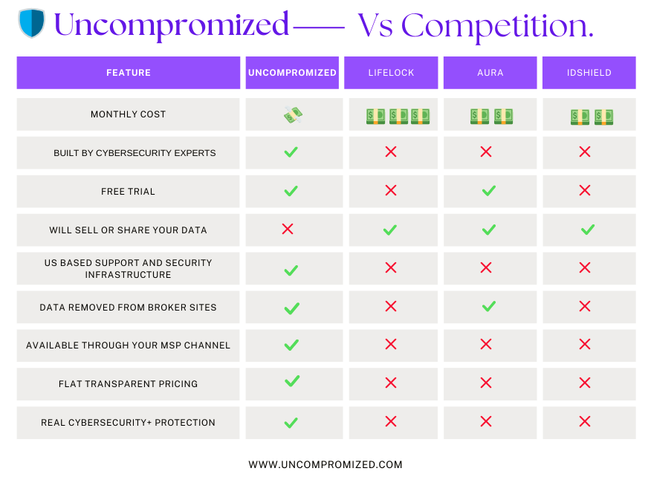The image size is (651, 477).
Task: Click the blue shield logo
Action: click(x=31, y=23)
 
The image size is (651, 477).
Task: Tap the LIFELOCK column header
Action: click(x=391, y=73)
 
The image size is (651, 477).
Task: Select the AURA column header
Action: click(x=490, y=73)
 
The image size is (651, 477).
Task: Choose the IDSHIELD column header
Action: click(x=589, y=73)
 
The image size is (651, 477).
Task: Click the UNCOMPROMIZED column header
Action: click(x=292, y=73)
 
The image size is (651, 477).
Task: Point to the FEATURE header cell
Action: click(x=129, y=73)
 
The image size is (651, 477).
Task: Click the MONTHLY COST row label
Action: click(x=129, y=114)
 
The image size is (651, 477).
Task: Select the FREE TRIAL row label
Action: click(x=128, y=192)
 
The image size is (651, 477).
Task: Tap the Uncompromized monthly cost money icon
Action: click(x=293, y=114)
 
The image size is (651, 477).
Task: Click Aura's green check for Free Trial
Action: click(x=489, y=190)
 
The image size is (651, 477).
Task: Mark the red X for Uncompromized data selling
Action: click(x=288, y=229)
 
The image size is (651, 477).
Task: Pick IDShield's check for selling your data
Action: click(x=588, y=229)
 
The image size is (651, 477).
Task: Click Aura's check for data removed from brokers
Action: click(x=489, y=306)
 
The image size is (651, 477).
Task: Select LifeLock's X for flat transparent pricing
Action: click(x=391, y=383)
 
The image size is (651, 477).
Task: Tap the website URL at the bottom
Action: click(x=325, y=464)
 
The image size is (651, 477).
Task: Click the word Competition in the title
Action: click(x=497, y=26)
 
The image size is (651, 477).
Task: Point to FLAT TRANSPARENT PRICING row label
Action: click(x=129, y=384)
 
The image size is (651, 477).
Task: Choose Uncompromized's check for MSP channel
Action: click(x=291, y=345)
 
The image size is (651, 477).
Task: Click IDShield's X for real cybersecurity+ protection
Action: click(x=585, y=421)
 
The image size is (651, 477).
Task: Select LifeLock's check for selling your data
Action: click(x=390, y=230)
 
